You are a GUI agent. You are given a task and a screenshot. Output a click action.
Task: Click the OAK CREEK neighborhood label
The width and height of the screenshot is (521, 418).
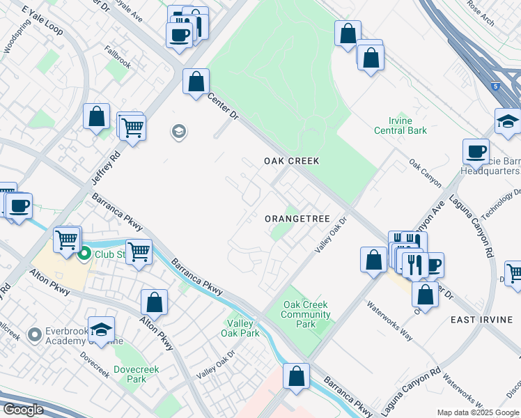coord(291,161)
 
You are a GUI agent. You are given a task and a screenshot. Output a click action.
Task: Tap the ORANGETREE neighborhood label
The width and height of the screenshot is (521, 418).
coord(297,219)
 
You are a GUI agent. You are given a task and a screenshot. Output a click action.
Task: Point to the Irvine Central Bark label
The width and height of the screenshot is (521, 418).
coord(400,125)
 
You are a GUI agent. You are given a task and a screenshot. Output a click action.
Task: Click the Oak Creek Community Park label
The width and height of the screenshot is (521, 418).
coord(306,314)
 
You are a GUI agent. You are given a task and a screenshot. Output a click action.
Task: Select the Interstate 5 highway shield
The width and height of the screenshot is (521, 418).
coord(495,86)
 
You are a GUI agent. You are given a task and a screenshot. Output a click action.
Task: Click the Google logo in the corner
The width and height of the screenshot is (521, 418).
coord(22,409)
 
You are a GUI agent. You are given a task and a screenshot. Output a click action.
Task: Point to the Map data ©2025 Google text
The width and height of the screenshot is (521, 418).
coord(478,412)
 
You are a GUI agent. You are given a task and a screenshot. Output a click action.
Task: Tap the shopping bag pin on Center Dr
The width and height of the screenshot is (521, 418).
coord(196,81)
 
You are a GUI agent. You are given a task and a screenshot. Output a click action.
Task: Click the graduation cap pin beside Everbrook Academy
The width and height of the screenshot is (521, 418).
coord(101,330)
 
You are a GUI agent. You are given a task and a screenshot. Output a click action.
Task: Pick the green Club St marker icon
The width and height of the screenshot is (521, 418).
coord(84,254)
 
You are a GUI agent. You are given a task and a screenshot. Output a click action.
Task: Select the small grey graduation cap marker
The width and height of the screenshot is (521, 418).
coord(179,132)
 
